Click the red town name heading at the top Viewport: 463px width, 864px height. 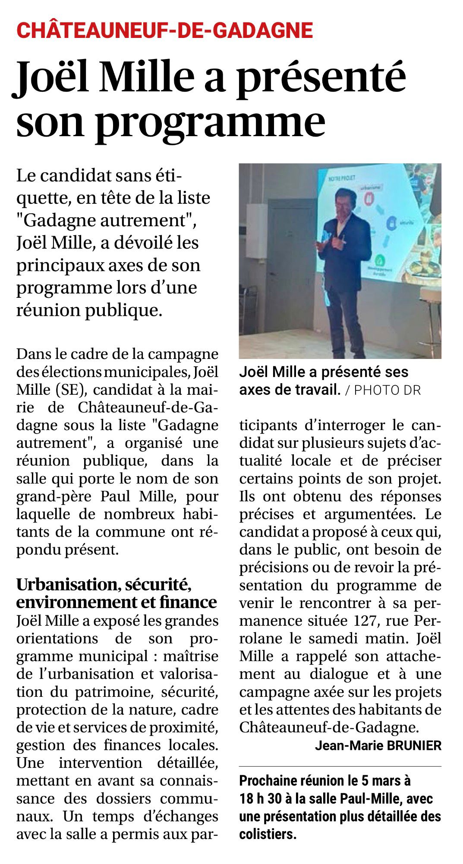coord(164,31)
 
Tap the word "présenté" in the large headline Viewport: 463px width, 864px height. coord(321,77)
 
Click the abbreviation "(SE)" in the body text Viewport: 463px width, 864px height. coord(72,390)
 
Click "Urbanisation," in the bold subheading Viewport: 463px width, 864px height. coord(67,584)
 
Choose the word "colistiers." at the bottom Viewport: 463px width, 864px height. coord(268,834)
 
